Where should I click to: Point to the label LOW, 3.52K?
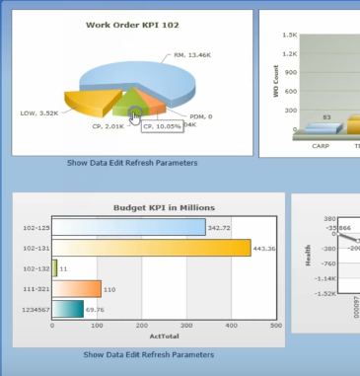click(39, 113)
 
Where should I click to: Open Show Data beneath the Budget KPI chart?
click(107, 354)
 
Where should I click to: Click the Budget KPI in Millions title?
click(165, 207)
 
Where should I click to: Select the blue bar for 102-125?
click(127, 228)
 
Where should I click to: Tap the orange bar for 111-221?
click(76, 288)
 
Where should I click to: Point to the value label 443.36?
click(264, 249)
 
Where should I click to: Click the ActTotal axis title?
click(163, 338)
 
